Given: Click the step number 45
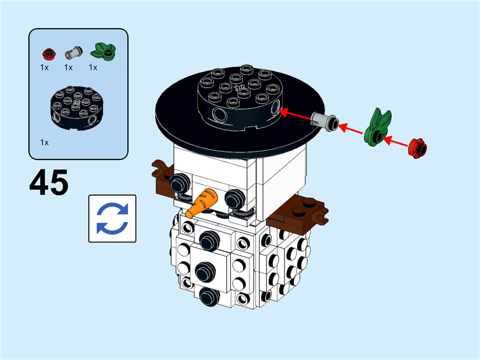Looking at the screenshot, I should pyautogui.click(x=49, y=182).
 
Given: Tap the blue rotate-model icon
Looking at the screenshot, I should pyautogui.click(x=112, y=218).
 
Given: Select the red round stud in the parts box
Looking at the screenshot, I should pyautogui.click(x=50, y=53).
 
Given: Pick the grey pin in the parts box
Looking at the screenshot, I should pyautogui.click(x=73, y=53).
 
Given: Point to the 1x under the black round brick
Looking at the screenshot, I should pyautogui.click(x=44, y=142).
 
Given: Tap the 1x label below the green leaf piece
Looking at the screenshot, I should pyautogui.click(x=93, y=67).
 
